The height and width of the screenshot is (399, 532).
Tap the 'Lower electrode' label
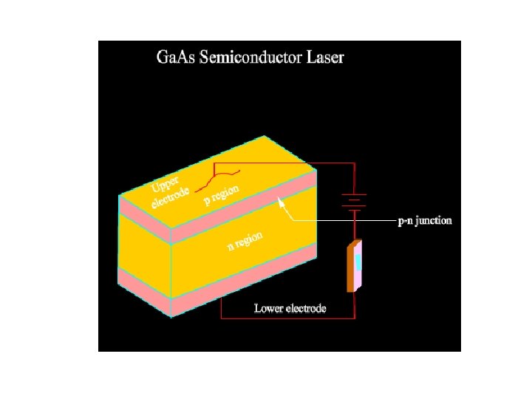pos(290,307)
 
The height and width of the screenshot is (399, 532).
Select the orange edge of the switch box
pos(351,267)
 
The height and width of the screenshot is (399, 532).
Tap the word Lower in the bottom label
pos(268,307)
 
